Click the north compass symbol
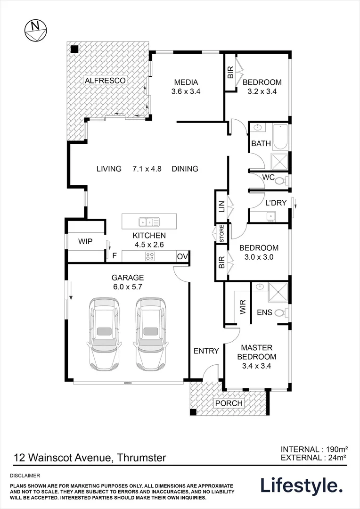pos(36,31)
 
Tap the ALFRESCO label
pos(105,80)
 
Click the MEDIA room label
pos(186,82)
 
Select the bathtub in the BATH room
pos(280,137)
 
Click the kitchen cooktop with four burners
pos(150,256)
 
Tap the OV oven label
pos(182,256)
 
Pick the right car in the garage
pos(151,334)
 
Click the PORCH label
pos(229,403)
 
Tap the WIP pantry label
pos(85,241)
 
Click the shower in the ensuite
pos(278,293)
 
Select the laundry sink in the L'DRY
pos(270,215)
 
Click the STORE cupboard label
pos(222,233)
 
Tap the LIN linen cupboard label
pos(222,206)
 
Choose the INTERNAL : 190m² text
pos(314,450)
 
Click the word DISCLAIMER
pos(25,476)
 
